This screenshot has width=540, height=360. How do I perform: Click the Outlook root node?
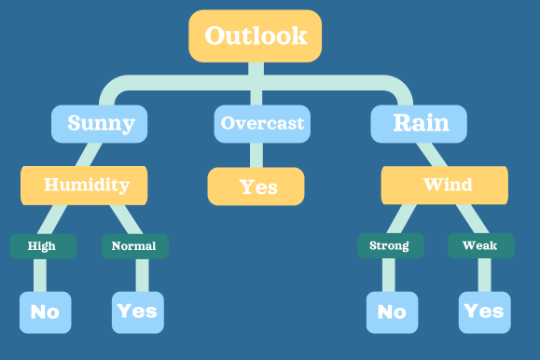256,36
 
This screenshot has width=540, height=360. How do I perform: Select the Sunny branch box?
101,123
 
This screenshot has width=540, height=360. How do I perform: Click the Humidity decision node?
86,185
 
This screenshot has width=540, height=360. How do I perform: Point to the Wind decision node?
446,185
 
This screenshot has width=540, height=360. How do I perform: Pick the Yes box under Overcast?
256,187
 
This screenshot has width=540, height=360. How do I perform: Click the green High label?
41,246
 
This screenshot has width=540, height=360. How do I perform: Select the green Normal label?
134,246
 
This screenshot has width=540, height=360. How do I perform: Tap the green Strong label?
390,246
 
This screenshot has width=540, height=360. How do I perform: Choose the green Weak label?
480,246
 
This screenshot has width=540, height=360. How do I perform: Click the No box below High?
45,312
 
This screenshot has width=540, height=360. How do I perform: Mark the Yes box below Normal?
136,312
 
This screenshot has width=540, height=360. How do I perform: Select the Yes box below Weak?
483,312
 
